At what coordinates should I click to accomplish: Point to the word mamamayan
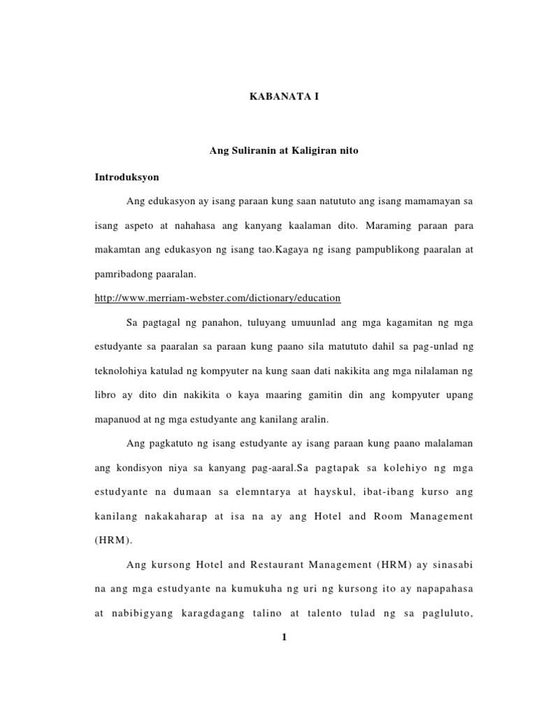(x=433, y=201)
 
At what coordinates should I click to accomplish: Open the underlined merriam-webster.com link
(x=217, y=298)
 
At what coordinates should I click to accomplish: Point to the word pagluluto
(x=447, y=613)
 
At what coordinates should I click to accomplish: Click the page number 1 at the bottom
(x=285, y=636)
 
